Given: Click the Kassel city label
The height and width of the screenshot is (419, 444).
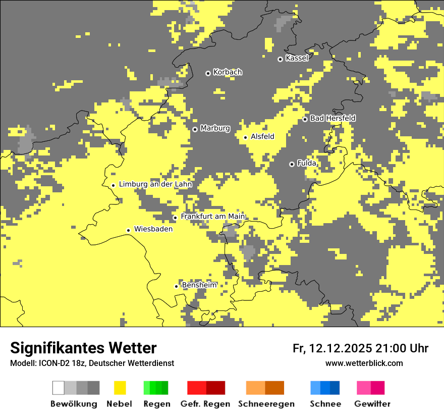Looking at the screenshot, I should (x=297, y=58).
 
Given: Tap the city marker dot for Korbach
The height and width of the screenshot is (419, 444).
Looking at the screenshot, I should (x=208, y=73).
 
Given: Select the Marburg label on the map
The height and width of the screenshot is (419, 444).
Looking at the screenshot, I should (x=215, y=128).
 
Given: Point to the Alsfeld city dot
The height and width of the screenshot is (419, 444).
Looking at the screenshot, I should (x=246, y=137).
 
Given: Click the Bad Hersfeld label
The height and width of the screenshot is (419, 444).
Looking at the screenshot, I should (x=332, y=118).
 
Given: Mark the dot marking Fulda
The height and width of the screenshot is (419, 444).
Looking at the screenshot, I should (x=292, y=164).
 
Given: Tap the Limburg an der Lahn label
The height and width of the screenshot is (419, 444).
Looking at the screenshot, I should (x=155, y=184).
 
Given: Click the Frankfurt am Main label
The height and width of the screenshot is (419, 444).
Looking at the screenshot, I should (x=212, y=217).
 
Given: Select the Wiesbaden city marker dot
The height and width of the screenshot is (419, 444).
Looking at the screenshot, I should (x=129, y=230).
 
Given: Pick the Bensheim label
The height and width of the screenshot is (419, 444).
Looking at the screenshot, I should (x=199, y=285).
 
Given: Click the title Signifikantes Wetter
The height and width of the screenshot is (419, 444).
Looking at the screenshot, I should (x=83, y=348).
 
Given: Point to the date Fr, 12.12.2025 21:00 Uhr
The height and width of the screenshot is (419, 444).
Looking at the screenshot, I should (x=360, y=348).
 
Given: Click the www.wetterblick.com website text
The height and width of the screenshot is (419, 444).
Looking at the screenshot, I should (x=364, y=363).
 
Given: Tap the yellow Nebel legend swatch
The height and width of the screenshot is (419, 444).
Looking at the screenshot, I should (x=120, y=388).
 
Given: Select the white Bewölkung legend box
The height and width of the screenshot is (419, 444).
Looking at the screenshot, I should (x=59, y=388).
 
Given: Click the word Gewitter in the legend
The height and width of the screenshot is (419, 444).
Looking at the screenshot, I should (x=372, y=404).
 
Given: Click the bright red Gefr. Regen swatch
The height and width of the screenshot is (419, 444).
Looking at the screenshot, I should (x=197, y=388).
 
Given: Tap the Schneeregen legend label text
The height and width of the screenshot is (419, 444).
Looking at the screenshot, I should (x=266, y=404).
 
